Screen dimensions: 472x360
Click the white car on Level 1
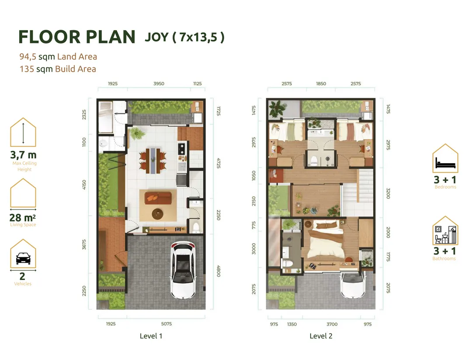point(183,270)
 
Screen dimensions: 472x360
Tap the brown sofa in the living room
point(158,198)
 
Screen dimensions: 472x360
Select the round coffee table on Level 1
point(157,214)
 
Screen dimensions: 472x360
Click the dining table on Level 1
point(153,160)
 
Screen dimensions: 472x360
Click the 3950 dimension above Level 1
point(159,84)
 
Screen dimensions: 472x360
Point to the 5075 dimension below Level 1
point(166,324)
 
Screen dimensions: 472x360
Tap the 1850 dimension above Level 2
point(321,84)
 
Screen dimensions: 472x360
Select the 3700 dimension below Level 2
point(332,324)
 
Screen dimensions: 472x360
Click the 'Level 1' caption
point(151,336)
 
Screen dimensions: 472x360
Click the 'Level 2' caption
point(321,336)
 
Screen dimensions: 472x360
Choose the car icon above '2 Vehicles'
point(23,259)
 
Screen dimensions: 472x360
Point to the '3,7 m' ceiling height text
point(23,155)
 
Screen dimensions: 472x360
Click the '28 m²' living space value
point(23,217)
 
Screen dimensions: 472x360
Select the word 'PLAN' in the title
point(111,37)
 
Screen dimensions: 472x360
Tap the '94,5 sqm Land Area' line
point(58,56)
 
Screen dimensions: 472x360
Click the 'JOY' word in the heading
point(156,37)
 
